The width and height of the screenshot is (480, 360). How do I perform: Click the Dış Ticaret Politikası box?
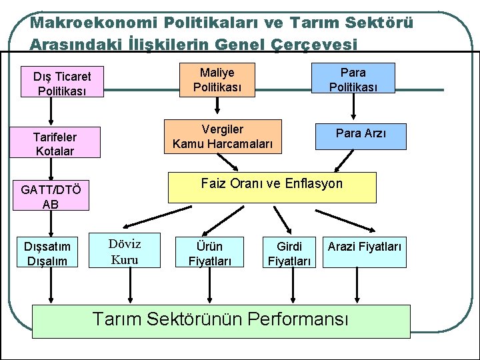coord(62,83)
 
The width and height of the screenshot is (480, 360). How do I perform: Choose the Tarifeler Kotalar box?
coord(55,143)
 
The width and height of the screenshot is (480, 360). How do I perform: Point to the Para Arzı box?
coord(361,134)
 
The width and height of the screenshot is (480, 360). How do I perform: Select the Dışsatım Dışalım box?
coord(47,252)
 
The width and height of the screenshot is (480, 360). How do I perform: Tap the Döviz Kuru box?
coord(125,250)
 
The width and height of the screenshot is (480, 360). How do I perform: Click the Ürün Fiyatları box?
coord(209,253)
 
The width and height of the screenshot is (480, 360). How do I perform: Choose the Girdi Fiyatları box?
coord(289,253)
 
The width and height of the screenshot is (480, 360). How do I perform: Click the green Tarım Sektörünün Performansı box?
coord(221,319)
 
